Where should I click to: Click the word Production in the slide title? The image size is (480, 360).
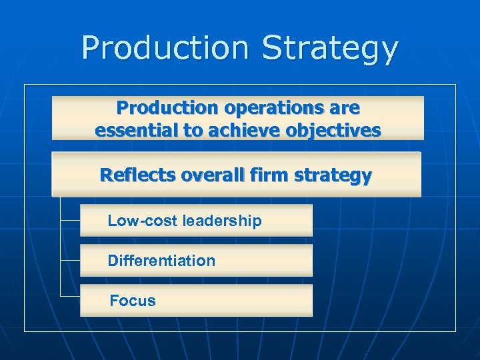click(x=165, y=49)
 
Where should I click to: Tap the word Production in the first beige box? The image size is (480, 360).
click(x=167, y=107)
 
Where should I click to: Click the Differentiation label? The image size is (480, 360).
click(x=161, y=261)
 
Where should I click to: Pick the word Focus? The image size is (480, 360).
click(x=133, y=301)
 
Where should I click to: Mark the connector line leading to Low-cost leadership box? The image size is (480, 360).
click(x=70, y=219)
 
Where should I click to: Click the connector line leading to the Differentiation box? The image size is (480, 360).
click(x=70, y=259)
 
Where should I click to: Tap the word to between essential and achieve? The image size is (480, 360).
click(x=194, y=130)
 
